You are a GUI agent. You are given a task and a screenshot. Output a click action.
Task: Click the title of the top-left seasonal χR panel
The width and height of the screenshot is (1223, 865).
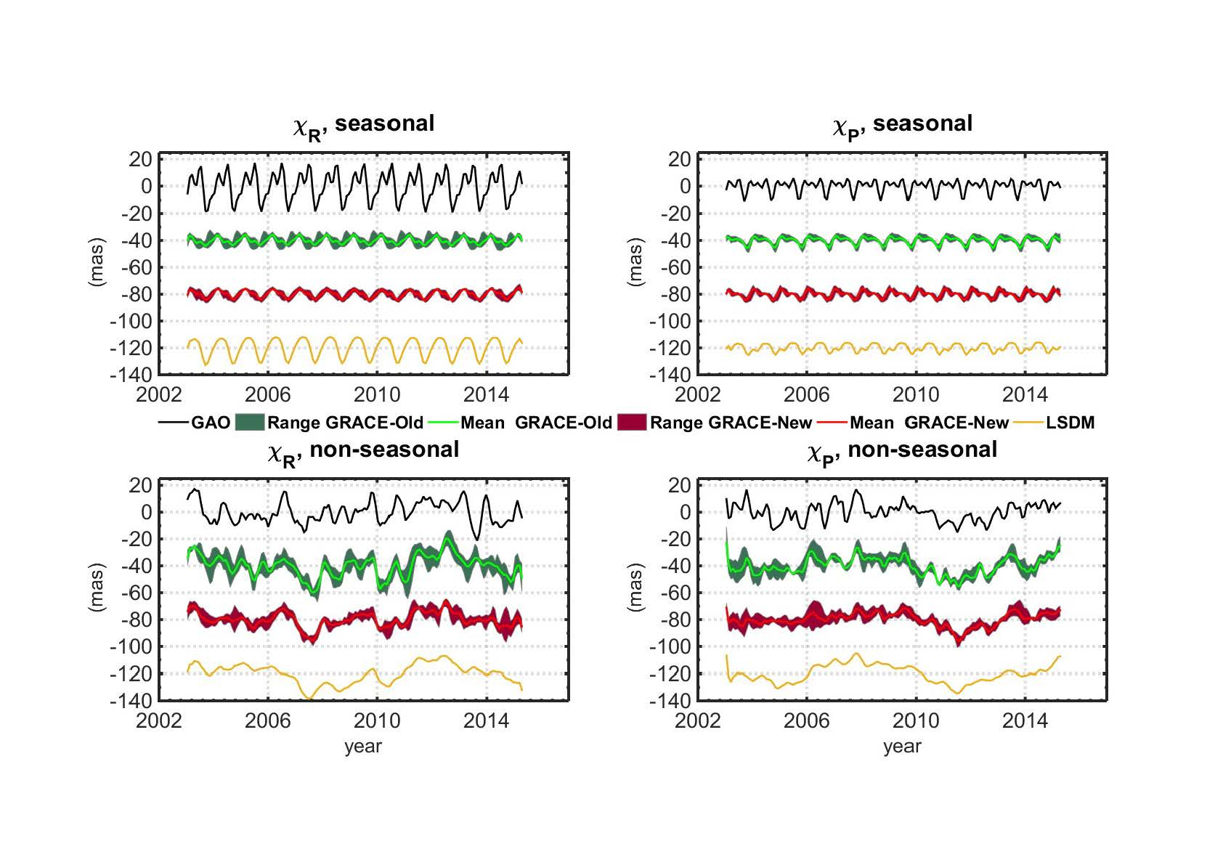(x=363, y=125)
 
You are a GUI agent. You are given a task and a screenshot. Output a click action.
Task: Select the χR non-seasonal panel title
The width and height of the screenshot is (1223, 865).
(x=363, y=451)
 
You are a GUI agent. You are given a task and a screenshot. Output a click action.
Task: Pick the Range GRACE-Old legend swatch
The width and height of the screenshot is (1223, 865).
(x=249, y=423)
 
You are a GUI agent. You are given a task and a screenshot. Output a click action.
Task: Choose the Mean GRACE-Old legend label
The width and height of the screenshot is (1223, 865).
(x=536, y=423)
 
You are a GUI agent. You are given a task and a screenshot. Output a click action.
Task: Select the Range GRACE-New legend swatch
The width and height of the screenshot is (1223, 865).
(x=631, y=423)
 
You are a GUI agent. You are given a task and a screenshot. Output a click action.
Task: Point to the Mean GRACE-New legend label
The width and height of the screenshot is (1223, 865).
(x=929, y=423)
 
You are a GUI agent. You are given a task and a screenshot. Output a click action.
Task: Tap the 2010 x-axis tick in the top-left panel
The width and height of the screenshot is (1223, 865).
(x=376, y=394)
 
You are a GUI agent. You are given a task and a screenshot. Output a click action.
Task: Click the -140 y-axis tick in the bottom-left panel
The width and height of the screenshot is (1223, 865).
(x=131, y=701)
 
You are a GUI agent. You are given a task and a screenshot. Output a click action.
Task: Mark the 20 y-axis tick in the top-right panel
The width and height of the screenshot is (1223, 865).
(x=680, y=159)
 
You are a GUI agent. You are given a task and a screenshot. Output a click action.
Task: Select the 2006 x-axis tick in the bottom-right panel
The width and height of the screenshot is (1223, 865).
(x=806, y=720)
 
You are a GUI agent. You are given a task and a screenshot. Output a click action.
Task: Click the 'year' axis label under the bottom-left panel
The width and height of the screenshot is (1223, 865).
(x=362, y=746)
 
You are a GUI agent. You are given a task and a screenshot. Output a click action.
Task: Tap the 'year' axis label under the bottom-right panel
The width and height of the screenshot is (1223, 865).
(x=901, y=746)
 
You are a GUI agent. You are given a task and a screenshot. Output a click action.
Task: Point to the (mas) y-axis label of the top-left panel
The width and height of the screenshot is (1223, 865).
(x=97, y=262)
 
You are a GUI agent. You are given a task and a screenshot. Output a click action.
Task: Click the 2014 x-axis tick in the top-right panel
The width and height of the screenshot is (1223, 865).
(x=1025, y=394)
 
